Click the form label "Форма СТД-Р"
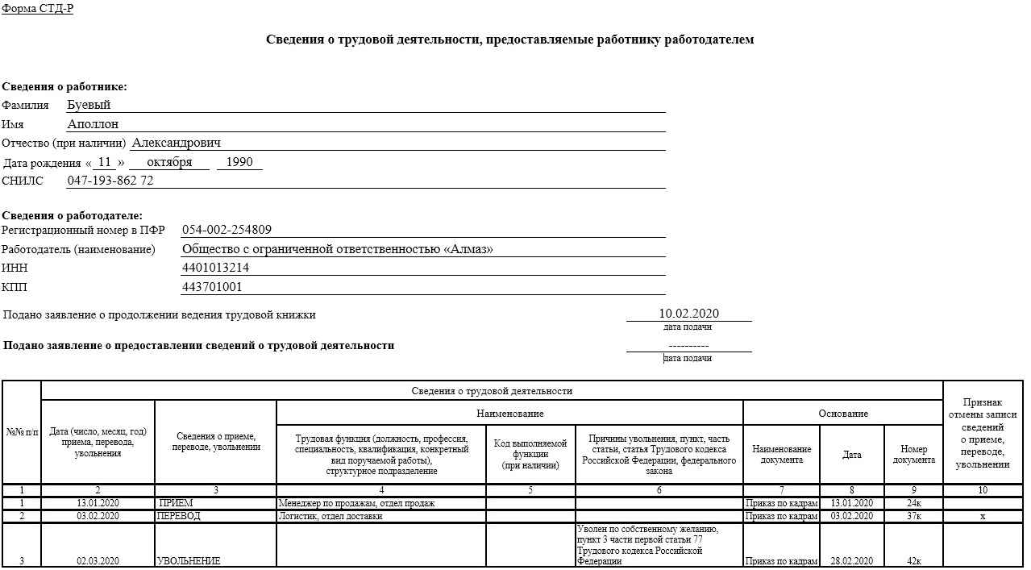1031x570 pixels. [x=38, y=8]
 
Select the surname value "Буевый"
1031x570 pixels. [x=89, y=105]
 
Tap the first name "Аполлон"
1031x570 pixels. [x=93, y=124]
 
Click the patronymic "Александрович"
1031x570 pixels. [x=176, y=143]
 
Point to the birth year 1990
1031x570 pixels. [x=239, y=162]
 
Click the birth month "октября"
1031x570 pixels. [x=169, y=162]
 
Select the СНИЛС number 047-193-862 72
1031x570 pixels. [x=110, y=181]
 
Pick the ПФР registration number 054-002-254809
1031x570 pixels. [x=227, y=230]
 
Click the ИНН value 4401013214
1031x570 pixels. [x=215, y=268]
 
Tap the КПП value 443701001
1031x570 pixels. [x=212, y=287]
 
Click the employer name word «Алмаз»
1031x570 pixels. [x=468, y=249]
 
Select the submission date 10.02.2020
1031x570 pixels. [x=688, y=314]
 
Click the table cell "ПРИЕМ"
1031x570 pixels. [x=176, y=503]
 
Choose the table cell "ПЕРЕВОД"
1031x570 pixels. [x=179, y=516]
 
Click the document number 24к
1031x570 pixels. [x=913, y=503]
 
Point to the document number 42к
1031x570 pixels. [x=913, y=561]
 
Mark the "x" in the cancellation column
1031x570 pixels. [x=983, y=516]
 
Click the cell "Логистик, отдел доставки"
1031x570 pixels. [x=331, y=516]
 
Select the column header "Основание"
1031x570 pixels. [x=843, y=414]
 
